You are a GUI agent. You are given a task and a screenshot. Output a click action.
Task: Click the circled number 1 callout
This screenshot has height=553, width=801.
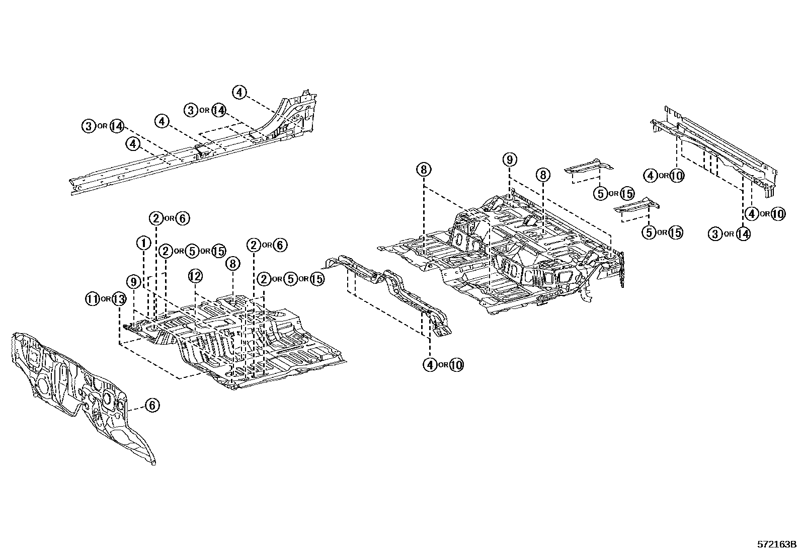click(143, 244)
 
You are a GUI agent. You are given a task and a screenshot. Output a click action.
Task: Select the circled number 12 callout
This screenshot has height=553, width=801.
click(195, 276)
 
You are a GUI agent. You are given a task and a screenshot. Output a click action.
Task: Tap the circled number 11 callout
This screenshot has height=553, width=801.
click(92, 299)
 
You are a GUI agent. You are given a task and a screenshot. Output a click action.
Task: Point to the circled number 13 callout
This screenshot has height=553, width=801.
click(118, 299)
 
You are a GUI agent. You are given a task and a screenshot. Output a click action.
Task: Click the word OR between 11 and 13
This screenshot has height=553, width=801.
click(105, 299)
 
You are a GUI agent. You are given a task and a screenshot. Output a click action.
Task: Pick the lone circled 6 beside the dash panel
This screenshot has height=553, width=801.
click(152, 405)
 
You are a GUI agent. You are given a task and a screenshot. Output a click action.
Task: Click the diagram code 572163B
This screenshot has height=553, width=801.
click(777, 544)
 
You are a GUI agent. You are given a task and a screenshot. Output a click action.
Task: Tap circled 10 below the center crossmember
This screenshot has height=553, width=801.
click(456, 365)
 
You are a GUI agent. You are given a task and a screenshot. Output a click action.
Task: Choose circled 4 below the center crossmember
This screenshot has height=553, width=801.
click(430, 365)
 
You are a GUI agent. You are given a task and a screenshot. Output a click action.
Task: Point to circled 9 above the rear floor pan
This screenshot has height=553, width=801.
click(509, 160)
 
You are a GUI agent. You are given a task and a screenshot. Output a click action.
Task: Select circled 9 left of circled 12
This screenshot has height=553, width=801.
click(133, 282)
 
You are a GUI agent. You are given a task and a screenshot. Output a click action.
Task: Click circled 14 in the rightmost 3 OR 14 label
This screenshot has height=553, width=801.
click(743, 233)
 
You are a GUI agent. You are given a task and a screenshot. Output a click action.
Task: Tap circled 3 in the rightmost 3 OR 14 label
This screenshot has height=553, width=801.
click(715, 233)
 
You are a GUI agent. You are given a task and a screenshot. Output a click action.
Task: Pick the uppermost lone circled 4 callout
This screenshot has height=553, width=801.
click(239, 92)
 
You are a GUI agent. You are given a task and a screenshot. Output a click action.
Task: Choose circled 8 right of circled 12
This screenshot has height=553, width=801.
click(232, 263)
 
